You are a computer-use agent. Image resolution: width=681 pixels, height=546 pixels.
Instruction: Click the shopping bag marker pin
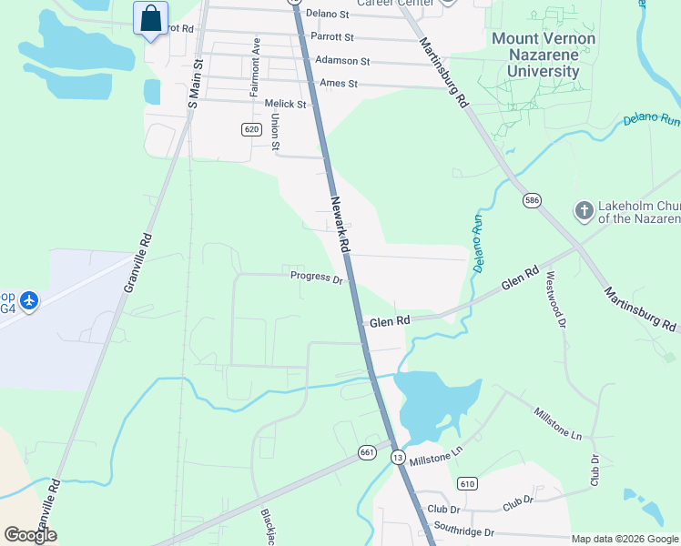(x=150, y=19)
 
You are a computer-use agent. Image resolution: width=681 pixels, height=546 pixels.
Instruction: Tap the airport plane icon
(x=29, y=299)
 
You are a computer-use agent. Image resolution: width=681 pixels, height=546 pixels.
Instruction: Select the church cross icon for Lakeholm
(x=584, y=211)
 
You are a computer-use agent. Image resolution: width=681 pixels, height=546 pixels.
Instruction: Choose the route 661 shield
(x=367, y=451)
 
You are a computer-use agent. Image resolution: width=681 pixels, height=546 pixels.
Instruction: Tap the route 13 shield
(x=398, y=457)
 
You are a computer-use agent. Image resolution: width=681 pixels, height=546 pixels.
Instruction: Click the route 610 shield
(x=467, y=483)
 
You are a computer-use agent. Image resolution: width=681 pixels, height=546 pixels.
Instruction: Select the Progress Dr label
(x=316, y=277)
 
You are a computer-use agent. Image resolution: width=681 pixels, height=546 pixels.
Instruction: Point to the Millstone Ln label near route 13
(x=437, y=450)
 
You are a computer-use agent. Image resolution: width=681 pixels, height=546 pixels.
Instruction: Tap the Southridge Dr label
(x=463, y=531)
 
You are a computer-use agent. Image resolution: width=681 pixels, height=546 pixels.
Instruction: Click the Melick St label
(x=282, y=104)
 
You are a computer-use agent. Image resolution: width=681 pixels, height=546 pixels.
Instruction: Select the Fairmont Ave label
(x=256, y=67)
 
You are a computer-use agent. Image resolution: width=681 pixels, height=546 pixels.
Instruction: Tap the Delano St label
(x=328, y=13)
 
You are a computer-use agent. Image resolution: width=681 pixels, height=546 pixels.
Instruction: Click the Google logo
(x=30, y=534)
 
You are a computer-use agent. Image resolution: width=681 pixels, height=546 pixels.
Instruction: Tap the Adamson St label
(x=342, y=61)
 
